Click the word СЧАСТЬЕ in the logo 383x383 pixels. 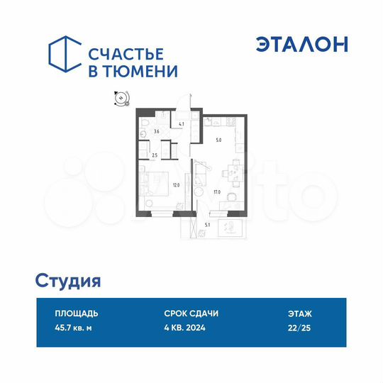pyautogui.click(x=126, y=53)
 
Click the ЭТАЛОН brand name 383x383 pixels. pyautogui.click(x=302, y=44)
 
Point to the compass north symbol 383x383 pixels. pyautogui.click(x=121, y=99)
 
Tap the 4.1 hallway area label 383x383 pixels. pyautogui.click(x=182, y=125)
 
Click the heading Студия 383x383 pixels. pyautogui.click(x=68, y=280)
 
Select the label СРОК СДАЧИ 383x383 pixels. pyautogui.click(x=191, y=313)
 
